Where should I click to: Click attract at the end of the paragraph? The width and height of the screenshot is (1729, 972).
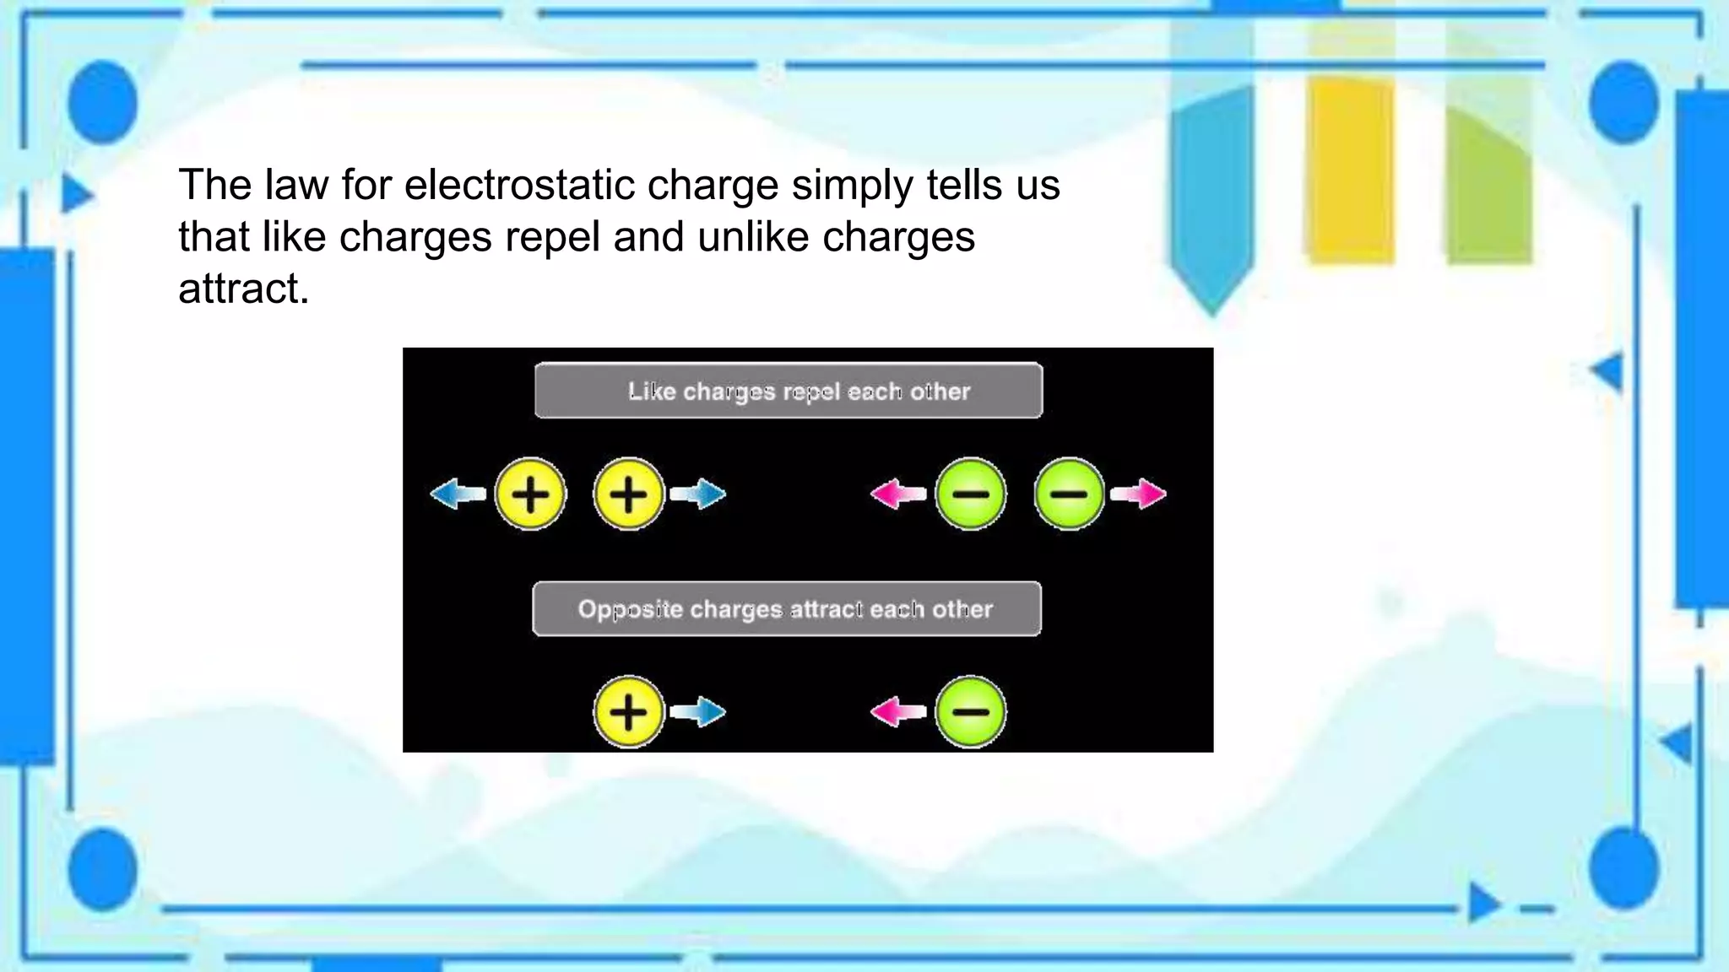pyautogui.click(x=243, y=289)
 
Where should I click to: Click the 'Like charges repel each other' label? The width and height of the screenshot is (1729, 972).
pyautogui.click(x=789, y=391)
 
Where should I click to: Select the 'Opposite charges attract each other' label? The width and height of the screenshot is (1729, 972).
pyautogui.click(x=787, y=608)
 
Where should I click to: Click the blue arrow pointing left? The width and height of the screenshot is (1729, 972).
pyautogui.click(x=457, y=494)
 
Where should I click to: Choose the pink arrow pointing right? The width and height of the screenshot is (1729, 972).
pyautogui.click(x=1140, y=494)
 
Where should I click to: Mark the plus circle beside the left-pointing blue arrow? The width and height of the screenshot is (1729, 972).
pyautogui.click(x=530, y=494)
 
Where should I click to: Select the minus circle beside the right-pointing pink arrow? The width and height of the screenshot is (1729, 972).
pyautogui.click(x=1069, y=494)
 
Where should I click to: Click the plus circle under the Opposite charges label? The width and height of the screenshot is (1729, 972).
pyautogui.click(x=628, y=711)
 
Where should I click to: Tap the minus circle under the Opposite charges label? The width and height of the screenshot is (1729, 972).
pyautogui.click(x=971, y=711)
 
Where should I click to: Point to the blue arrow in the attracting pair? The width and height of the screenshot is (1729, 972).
pyautogui.click(x=698, y=711)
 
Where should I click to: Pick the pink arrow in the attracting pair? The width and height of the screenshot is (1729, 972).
pyautogui.click(x=897, y=711)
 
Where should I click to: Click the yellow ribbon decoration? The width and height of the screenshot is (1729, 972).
pyautogui.click(x=1350, y=169)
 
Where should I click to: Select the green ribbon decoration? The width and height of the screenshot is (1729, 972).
pyautogui.click(x=1488, y=186)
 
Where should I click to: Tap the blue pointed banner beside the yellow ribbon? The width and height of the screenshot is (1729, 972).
pyautogui.click(x=1212, y=194)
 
